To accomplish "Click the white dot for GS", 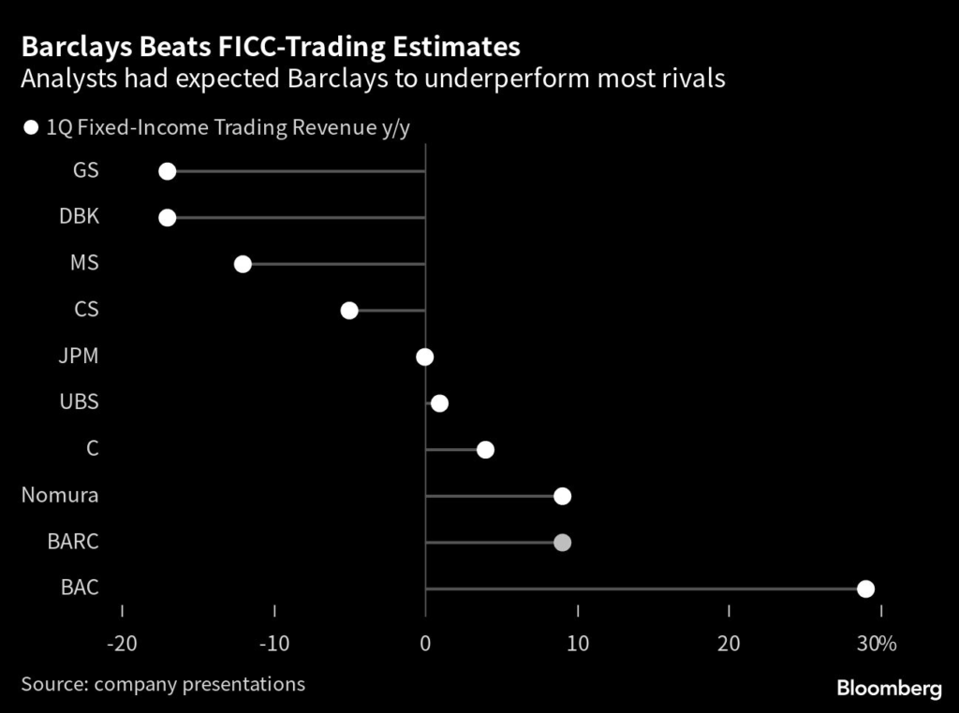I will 167,170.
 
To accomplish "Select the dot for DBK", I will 167,217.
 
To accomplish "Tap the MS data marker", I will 243,264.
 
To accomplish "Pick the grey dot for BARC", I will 562,542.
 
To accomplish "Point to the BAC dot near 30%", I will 865,589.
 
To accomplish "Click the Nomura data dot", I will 562,496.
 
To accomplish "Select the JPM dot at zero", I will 425,356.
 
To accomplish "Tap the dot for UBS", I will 439,403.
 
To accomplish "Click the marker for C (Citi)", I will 485,449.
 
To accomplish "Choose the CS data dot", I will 349,311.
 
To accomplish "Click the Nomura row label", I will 60,496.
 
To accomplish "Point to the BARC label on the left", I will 73,542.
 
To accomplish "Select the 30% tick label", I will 877,644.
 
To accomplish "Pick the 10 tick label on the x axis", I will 578,644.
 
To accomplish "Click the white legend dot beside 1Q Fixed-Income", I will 31,128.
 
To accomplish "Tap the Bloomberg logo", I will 889,689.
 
